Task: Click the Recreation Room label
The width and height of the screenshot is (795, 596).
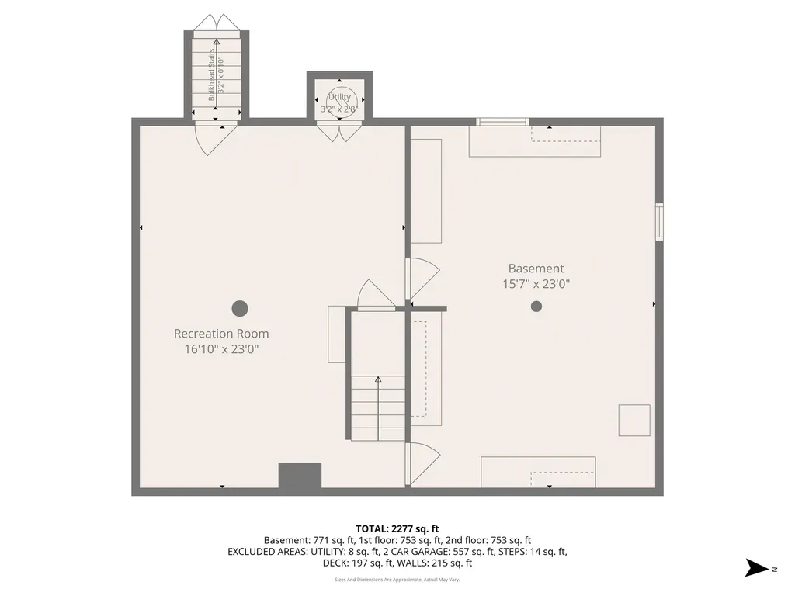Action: [x=221, y=334]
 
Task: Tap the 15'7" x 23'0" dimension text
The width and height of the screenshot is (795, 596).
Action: [x=536, y=284]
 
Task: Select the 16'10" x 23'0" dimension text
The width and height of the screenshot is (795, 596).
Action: [x=221, y=349]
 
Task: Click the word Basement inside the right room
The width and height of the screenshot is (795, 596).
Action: [x=536, y=269]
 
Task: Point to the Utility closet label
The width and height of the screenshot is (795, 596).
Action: [x=339, y=97]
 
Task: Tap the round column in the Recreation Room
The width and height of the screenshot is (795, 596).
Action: [x=240, y=308]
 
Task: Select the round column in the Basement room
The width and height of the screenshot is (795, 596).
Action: [x=536, y=306]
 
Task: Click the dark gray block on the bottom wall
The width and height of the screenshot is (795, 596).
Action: [x=300, y=476]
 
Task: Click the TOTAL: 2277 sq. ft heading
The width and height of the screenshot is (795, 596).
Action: [x=397, y=528]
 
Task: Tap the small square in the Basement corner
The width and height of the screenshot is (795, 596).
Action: [x=634, y=421]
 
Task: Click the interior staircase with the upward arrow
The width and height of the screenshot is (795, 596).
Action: [x=378, y=407]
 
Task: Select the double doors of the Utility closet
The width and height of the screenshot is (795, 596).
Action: [x=339, y=132]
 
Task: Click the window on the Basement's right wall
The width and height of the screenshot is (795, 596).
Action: [x=659, y=222]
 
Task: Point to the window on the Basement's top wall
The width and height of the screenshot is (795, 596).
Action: [x=502, y=121]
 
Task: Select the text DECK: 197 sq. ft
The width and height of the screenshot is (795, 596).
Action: [x=365, y=563]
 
